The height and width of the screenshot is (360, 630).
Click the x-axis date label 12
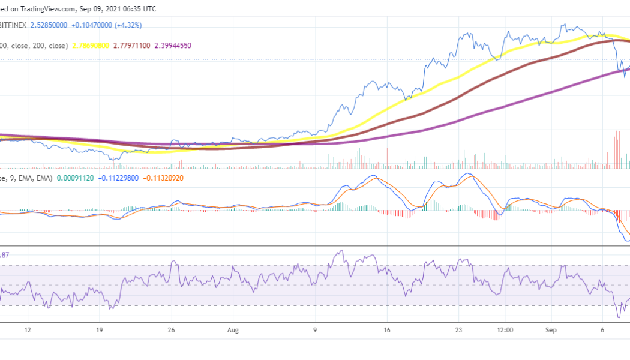point(27,329)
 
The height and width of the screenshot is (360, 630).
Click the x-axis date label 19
point(100,329)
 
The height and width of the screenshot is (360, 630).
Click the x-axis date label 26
point(172,329)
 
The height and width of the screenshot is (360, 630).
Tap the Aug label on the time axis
point(233,329)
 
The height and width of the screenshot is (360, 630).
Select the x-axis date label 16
point(387,329)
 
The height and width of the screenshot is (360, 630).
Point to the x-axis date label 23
point(459,329)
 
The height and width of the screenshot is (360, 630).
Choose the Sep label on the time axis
point(551,329)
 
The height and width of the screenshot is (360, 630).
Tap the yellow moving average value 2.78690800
point(91,46)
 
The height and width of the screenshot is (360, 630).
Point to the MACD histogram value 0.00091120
point(76,178)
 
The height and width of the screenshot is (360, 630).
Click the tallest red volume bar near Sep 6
point(617,149)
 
